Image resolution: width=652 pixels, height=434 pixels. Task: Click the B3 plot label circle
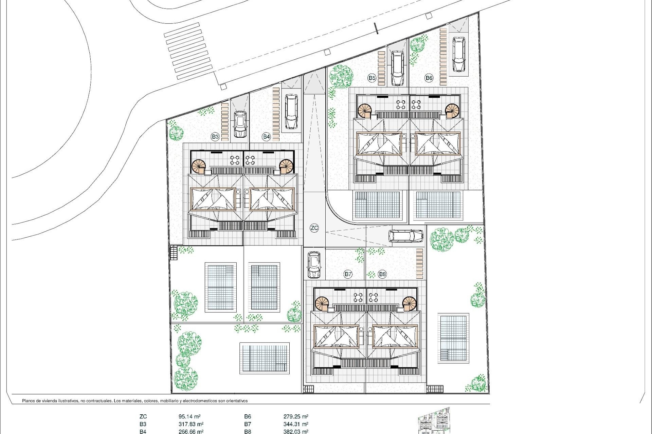click(215, 137)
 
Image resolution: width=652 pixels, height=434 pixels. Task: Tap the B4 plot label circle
click(266, 137)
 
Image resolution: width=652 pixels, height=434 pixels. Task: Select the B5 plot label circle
click(372, 78)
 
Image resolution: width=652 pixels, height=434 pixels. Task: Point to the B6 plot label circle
click(429, 78)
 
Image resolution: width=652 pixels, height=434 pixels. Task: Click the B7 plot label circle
click(348, 274)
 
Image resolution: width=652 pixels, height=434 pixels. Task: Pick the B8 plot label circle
click(382, 274)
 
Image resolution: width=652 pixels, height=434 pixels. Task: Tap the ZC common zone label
click(314, 228)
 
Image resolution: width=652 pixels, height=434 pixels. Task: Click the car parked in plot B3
click(240, 124)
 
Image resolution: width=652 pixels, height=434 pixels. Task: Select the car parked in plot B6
click(459, 55)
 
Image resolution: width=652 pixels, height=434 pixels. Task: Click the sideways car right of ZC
click(406, 236)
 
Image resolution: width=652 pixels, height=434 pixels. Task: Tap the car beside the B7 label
click(314, 264)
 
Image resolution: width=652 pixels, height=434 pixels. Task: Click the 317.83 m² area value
click(191, 424)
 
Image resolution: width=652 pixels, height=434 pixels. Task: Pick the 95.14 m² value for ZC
click(189, 417)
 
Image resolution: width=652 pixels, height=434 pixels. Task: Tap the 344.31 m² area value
click(296, 424)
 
